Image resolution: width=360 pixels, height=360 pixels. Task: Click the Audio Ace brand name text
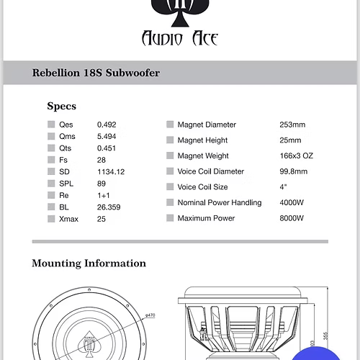pyautogui.click(x=180, y=38)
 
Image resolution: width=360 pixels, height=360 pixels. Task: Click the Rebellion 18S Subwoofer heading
pyautogui.click(x=96, y=73)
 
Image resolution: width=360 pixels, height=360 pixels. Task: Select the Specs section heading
pyautogui.click(x=61, y=106)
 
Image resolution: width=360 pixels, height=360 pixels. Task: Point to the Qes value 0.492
pyautogui.click(x=107, y=125)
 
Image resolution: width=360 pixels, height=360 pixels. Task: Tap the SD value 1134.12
pyautogui.click(x=111, y=171)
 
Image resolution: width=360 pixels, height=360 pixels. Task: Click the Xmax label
pyautogui.click(x=69, y=218)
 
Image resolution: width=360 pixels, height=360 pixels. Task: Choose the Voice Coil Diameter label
pyautogui.click(x=210, y=171)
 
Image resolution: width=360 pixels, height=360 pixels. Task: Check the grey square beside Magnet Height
pyautogui.click(x=170, y=140)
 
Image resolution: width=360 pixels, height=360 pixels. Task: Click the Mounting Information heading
pyautogui.click(x=89, y=264)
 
